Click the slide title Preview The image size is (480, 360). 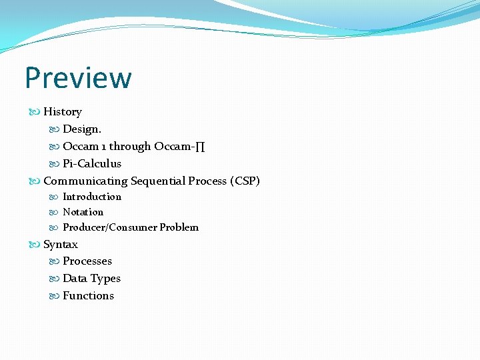78,78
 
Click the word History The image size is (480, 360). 63,112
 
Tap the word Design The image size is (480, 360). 82,129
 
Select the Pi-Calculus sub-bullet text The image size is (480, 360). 92,163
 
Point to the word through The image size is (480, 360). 130,146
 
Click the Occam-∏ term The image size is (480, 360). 179,146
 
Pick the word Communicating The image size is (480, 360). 85,181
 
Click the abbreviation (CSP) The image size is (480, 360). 244,181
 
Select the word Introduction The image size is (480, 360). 92,197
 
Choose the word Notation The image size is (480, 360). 83,212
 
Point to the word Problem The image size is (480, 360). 179,227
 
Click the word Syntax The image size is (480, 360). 61,245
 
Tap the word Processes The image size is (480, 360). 87,261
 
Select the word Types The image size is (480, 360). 107,279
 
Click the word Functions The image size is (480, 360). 88,296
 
